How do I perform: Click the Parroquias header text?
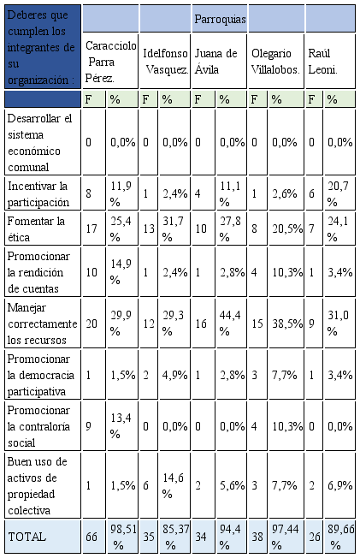pos(221,19)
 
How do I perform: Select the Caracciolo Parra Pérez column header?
pos(110,62)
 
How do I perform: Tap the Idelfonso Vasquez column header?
pos(166,62)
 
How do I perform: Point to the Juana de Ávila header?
pos(215,62)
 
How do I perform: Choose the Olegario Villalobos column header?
pos(275,62)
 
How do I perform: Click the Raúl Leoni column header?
pos(322,62)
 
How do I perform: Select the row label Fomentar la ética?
pos(36,229)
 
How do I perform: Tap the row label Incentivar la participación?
pos(38,194)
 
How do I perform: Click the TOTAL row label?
pos(27,537)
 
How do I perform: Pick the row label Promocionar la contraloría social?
pos(38,426)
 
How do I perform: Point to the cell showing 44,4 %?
pos(230,324)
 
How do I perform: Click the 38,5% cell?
pos(287,324)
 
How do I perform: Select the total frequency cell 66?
pos(91,537)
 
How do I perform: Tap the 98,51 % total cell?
pos(123,537)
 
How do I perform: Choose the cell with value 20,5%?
pos(287,229)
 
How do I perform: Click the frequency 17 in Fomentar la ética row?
pos(91,229)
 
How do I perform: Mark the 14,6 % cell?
pos(174,485)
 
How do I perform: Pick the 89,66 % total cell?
pos(341,537)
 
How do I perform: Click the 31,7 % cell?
pos(174,229)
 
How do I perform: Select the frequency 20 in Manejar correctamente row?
pos(91,324)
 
